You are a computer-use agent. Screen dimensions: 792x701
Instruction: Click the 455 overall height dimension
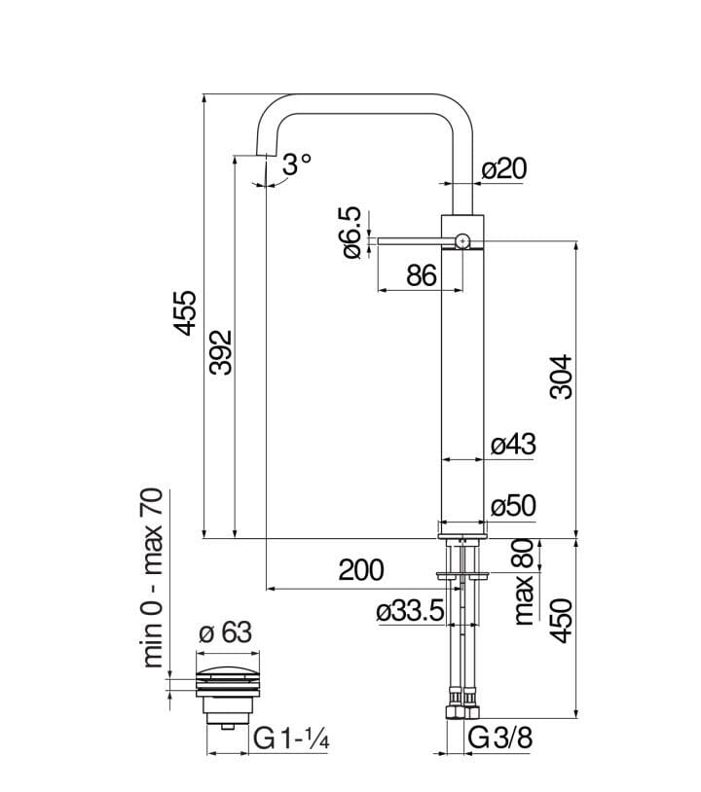pyautogui.click(x=186, y=312)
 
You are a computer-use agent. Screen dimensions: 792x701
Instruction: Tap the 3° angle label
pyautogui.click(x=296, y=165)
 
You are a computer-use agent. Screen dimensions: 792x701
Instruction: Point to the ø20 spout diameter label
pyautogui.click(x=503, y=168)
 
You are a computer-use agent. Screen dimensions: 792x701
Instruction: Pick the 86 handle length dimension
pyautogui.click(x=421, y=275)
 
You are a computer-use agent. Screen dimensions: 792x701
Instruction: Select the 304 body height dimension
pyautogui.click(x=561, y=377)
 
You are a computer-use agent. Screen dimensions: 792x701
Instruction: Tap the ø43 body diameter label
pyautogui.click(x=512, y=445)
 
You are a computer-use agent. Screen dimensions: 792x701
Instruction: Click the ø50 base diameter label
pyautogui.click(x=512, y=506)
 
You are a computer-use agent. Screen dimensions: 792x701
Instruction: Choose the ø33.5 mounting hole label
pyautogui.click(x=410, y=611)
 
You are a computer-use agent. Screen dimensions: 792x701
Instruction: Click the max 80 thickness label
pyautogui.click(x=523, y=582)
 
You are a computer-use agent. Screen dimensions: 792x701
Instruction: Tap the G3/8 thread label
pyautogui.click(x=499, y=739)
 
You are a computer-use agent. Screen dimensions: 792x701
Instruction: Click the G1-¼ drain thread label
pyautogui.click(x=293, y=739)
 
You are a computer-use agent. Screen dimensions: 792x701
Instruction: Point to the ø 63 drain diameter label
pyautogui.click(x=225, y=633)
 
